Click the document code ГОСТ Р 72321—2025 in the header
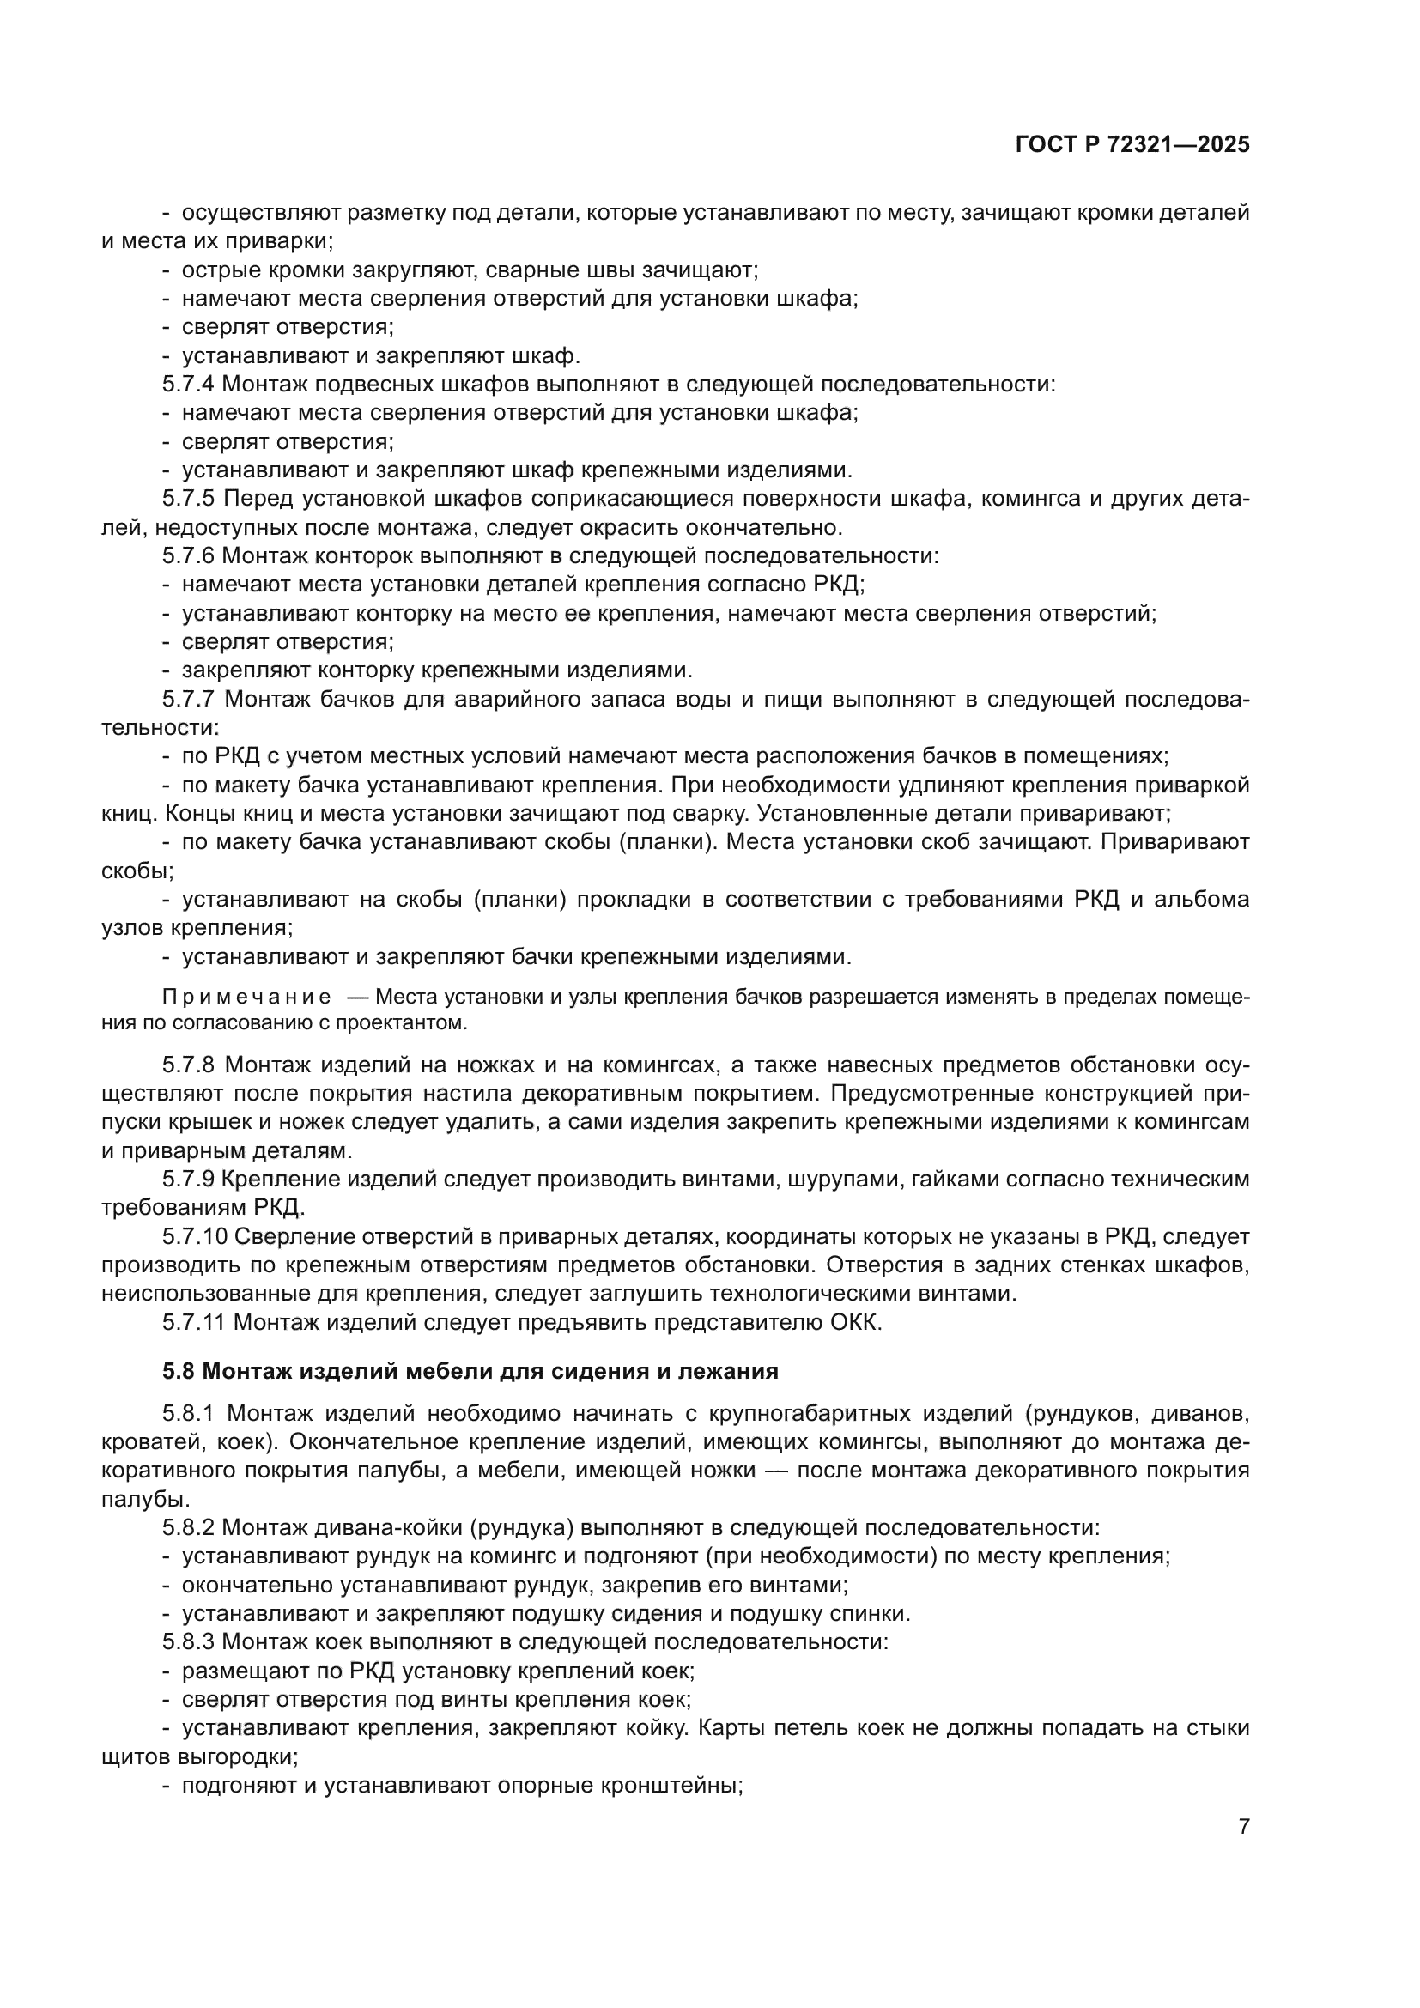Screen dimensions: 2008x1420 1132,145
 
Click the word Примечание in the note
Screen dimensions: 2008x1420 246,998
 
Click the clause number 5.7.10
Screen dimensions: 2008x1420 194,1236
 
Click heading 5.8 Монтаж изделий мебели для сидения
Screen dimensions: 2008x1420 470,1370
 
